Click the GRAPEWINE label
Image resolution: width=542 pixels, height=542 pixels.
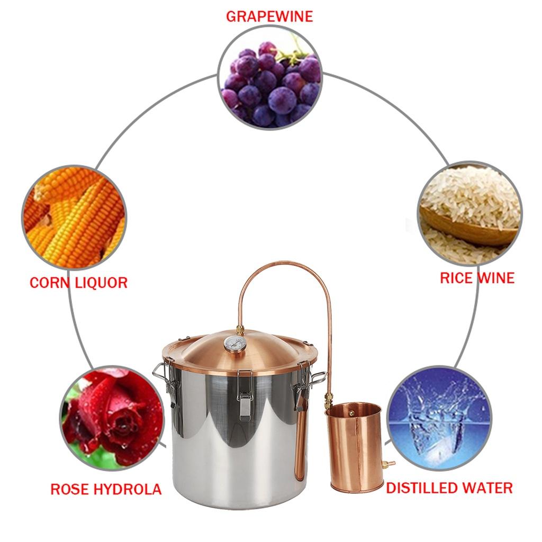pyautogui.click(x=269, y=16)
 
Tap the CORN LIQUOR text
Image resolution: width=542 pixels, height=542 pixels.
pyautogui.click(x=78, y=282)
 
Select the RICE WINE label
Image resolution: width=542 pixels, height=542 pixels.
pyautogui.click(x=477, y=278)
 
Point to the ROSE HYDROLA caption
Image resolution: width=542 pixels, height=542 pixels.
pyautogui.click(x=106, y=489)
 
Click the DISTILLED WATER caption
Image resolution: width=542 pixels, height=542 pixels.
pyautogui.click(x=449, y=487)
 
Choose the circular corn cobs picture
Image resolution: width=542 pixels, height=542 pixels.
pyautogui.click(x=74, y=217)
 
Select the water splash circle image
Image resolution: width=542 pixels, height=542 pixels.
pyautogui.click(x=439, y=418)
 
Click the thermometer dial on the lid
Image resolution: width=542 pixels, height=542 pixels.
pyautogui.click(x=234, y=344)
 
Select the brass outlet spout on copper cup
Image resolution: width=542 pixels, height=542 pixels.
pyautogui.click(x=389, y=464)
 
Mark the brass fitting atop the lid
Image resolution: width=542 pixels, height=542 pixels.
pyautogui.click(x=240, y=330)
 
